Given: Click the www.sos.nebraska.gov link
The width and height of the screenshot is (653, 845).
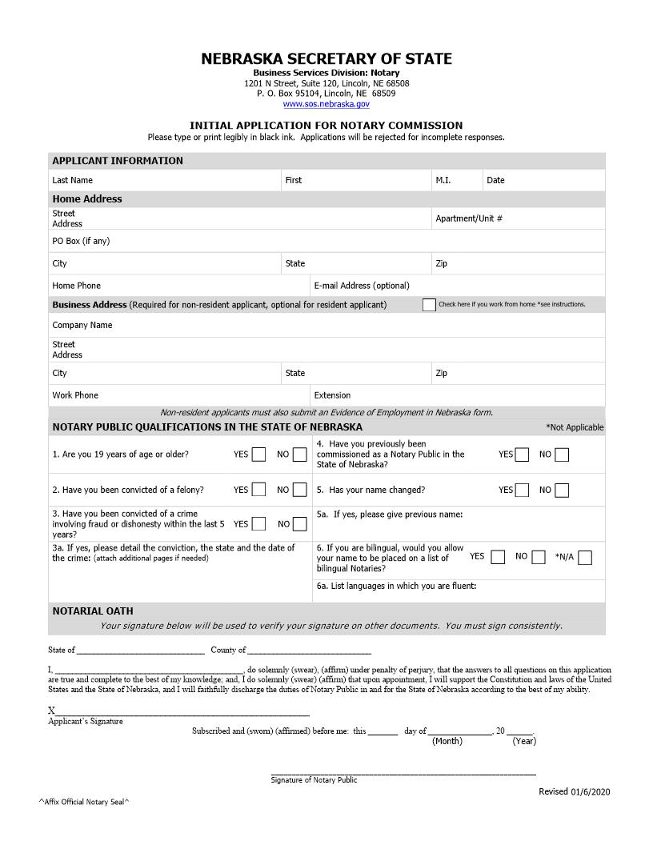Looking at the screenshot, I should click(x=326, y=104).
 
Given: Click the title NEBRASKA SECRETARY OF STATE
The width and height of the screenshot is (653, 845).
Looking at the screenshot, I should click(x=326, y=59).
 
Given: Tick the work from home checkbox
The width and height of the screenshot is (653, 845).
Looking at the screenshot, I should click(x=429, y=305).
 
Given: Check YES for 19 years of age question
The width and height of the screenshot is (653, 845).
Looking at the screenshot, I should click(x=258, y=455).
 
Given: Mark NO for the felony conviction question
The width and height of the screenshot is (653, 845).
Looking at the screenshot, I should click(x=299, y=490).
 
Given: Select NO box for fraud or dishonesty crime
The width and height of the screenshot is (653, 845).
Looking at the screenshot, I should click(x=299, y=525).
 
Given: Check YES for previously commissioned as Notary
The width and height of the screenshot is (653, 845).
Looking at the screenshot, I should click(x=522, y=455).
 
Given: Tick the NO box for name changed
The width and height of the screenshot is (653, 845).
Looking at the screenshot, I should click(x=562, y=490).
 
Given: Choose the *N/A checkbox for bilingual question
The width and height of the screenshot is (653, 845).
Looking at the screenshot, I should click(x=585, y=557).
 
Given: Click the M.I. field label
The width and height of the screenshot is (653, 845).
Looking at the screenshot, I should click(x=443, y=181).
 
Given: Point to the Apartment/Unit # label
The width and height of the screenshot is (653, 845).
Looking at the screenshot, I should click(x=469, y=218).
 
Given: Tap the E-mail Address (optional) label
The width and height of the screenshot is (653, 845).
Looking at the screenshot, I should click(x=362, y=286).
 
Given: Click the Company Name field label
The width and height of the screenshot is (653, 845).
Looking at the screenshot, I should click(x=82, y=326).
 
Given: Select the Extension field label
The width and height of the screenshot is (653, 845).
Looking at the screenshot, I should click(x=332, y=395).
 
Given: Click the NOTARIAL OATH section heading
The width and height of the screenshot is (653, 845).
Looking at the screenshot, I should click(x=93, y=611).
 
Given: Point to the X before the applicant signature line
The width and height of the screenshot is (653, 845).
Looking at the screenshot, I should click(x=52, y=711).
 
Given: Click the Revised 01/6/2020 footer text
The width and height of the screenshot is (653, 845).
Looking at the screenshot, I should click(x=574, y=791).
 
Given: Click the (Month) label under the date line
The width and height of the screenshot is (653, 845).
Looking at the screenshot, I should click(x=447, y=741).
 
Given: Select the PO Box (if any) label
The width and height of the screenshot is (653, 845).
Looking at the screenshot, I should click(x=81, y=242).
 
